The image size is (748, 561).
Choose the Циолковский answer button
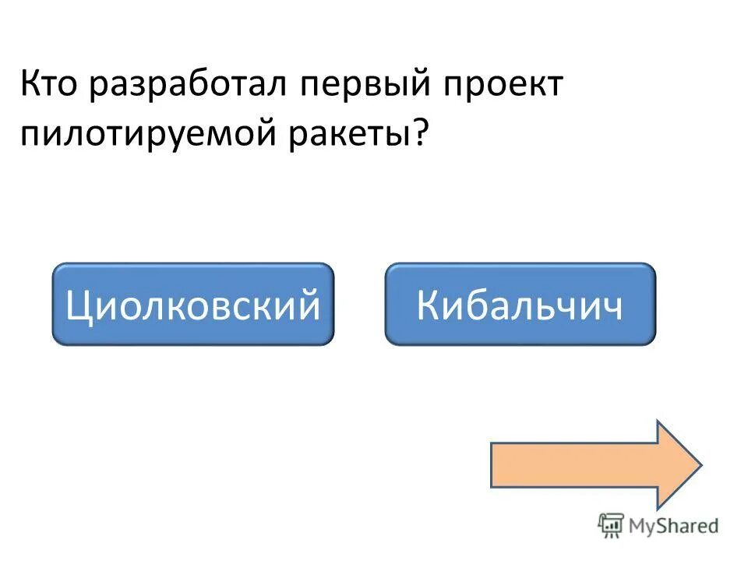(192, 304)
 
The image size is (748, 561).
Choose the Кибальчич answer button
(520, 304)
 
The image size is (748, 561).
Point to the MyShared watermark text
(674, 526)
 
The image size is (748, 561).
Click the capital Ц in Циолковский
(79, 305)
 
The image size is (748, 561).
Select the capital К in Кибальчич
(429, 305)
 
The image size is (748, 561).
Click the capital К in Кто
(31, 84)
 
